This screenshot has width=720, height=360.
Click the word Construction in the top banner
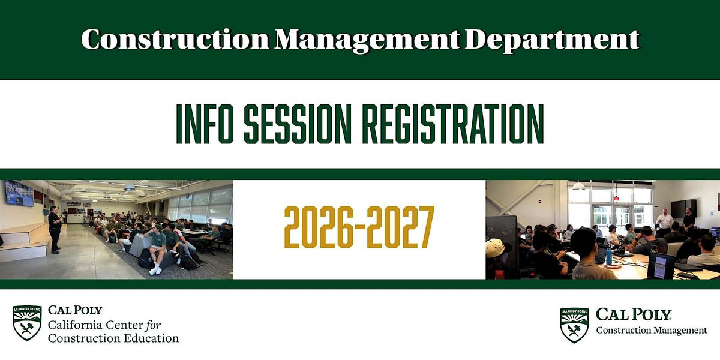click(175, 39)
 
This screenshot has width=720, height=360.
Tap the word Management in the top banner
click(367, 40)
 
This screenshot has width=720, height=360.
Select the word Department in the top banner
click(552, 41)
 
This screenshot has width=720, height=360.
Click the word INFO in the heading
click(205, 124)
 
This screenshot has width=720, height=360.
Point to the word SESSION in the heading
click(298, 124)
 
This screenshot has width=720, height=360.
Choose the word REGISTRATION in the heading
click(453, 124)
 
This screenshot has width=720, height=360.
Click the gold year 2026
click(319, 227)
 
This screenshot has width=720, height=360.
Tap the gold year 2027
click(401, 227)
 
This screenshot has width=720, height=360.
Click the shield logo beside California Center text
click(27, 323)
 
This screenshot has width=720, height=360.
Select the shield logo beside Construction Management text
click(574, 325)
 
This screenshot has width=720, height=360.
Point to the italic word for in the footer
click(153, 325)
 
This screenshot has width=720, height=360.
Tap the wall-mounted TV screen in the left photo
click(19, 193)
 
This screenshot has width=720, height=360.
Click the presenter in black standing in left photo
click(55, 230)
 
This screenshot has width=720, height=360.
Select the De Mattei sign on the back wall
click(74, 203)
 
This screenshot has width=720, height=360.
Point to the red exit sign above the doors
click(616, 198)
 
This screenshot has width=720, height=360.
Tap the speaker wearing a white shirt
click(664, 223)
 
